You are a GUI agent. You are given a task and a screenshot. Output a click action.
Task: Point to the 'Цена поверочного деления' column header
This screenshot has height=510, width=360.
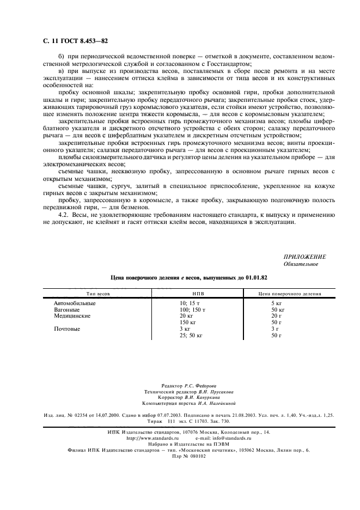pyautogui.click(x=282, y=294)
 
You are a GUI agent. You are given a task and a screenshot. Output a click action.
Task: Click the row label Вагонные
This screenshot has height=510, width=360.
pyautogui.click(x=66, y=309)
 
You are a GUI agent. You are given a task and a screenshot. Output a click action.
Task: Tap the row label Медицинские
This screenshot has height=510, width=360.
pyautogui.click(x=72, y=315)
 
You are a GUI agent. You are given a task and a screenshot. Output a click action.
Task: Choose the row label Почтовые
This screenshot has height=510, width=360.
pyautogui.click(x=67, y=329)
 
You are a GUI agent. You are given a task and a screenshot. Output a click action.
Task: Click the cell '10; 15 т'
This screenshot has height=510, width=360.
pyautogui.click(x=190, y=302)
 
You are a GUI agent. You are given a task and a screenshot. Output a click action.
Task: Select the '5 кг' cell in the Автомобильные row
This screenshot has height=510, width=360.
pyautogui.click(x=276, y=302)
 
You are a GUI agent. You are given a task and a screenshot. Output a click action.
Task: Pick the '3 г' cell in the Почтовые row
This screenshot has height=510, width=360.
pyautogui.click(x=274, y=329)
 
